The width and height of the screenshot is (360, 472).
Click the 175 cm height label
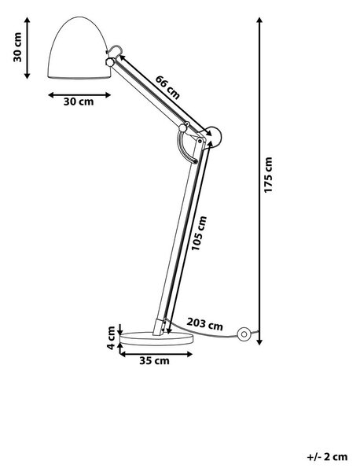point(268,175)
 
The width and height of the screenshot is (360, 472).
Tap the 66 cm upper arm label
point(167,87)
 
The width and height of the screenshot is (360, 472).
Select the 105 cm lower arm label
point(200,234)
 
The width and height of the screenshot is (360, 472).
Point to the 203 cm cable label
point(205,323)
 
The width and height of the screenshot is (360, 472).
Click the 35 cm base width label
point(154,360)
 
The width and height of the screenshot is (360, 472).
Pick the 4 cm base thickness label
point(111,337)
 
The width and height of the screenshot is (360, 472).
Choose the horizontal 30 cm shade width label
point(79,101)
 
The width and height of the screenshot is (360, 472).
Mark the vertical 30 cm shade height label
point(17,47)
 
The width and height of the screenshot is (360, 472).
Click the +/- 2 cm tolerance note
point(327,457)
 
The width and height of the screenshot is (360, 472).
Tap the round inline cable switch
point(244,334)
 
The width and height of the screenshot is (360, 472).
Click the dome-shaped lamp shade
point(80,48)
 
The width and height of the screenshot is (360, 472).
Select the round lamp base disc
point(156,338)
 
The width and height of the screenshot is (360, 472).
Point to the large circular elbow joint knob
point(214,135)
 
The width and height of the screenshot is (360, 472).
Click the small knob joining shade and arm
point(110,62)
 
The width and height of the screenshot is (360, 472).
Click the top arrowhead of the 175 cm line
point(260,20)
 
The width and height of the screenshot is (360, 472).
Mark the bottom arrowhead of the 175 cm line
point(260,342)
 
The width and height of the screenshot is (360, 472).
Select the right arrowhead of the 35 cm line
point(189,354)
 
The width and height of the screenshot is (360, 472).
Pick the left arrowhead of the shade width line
point(51,95)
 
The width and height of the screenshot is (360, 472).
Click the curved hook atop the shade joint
point(116,49)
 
